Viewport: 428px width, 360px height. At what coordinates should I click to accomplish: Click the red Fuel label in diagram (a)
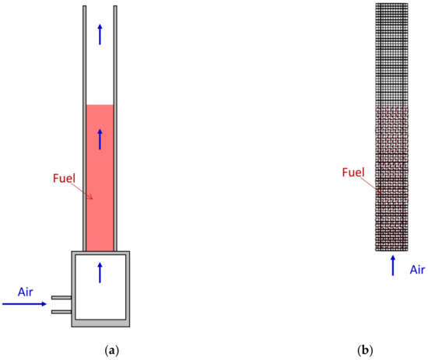tap(65, 179)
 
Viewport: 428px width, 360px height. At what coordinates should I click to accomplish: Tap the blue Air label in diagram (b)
tap(417, 270)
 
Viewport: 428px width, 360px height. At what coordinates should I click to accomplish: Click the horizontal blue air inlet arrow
tap(24, 304)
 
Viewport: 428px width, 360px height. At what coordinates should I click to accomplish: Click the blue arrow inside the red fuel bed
tap(100, 139)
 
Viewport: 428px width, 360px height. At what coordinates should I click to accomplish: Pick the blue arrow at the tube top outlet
tap(100, 33)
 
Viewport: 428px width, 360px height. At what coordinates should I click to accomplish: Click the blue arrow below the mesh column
tap(393, 264)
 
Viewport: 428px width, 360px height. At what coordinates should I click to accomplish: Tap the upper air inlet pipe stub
tap(61, 297)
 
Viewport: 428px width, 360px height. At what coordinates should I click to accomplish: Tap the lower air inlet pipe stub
tap(61, 312)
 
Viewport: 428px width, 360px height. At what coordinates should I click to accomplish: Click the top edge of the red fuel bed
tap(100, 105)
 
